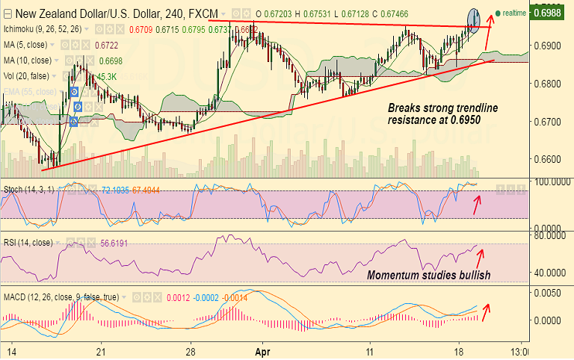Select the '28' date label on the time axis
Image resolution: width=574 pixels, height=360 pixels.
click(x=191, y=351)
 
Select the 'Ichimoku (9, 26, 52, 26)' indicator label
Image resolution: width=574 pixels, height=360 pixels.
click(x=43, y=28)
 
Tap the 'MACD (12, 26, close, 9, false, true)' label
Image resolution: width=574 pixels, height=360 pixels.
click(x=60, y=297)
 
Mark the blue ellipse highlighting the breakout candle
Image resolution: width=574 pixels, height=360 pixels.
click(x=475, y=19)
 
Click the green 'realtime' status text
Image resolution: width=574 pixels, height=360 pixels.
click(x=514, y=13)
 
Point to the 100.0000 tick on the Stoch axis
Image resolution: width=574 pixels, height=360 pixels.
click(x=549, y=181)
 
